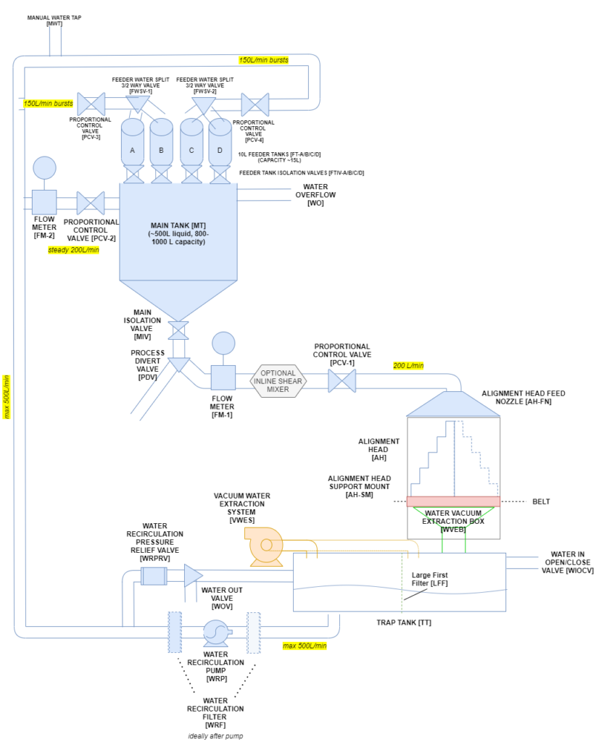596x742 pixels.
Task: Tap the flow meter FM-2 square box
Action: coord(44,201)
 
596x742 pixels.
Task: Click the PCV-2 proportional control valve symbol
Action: coord(91,201)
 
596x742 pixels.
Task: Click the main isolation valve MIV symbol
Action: coord(178,330)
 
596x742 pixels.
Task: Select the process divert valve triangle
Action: coord(178,364)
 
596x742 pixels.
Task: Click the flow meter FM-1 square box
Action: coord(223,378)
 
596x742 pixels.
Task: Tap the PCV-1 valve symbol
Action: coord(342,380)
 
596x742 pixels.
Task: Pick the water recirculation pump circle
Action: coord(216,633)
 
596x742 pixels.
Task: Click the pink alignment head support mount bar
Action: coord(453,501)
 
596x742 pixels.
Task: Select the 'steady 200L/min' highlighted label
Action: coord(73,250)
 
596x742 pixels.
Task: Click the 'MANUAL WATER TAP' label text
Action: coord(54,17)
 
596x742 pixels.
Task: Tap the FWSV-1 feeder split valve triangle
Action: coord(136,105)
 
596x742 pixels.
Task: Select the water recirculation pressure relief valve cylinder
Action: coord(154,576)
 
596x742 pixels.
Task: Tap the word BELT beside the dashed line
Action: coord(541,501)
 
